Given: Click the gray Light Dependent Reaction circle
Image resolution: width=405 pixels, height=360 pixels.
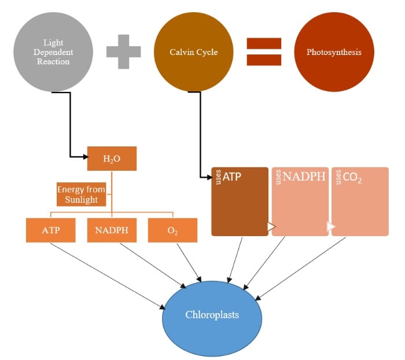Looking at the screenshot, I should [53, 52].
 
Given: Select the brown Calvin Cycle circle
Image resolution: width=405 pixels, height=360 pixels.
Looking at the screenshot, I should [193, 52].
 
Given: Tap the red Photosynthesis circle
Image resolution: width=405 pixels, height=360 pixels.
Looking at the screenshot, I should [334, 52].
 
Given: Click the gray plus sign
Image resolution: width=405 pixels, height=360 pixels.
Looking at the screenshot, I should [123, 50].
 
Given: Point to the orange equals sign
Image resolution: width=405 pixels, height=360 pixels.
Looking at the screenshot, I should [264, 52].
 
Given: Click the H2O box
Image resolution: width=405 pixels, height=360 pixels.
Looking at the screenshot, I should [112, 159].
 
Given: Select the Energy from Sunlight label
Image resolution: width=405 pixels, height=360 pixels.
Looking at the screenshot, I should [82, 195].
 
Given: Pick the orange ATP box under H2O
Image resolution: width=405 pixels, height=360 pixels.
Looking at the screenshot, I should [50, 230].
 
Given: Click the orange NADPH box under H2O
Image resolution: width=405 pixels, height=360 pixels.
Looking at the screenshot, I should [112, 230].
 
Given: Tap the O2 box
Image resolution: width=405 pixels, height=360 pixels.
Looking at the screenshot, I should [172, 230].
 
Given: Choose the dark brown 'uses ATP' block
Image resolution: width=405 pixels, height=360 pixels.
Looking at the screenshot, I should [240, 201].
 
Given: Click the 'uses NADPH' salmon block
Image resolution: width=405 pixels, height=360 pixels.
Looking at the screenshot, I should [300, 201].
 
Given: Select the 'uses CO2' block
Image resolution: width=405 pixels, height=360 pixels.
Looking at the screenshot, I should [360, 201].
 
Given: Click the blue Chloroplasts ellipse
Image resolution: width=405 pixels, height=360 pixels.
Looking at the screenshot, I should [212, 315].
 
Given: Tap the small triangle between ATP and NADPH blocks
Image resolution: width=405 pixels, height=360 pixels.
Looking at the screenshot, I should [271, 226].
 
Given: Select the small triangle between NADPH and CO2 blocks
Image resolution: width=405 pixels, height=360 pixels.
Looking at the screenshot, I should [331, 226].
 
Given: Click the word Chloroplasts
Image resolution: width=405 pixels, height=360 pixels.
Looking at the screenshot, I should [212, 315].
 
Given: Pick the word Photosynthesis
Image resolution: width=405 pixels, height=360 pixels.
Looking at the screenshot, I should [334, 52].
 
